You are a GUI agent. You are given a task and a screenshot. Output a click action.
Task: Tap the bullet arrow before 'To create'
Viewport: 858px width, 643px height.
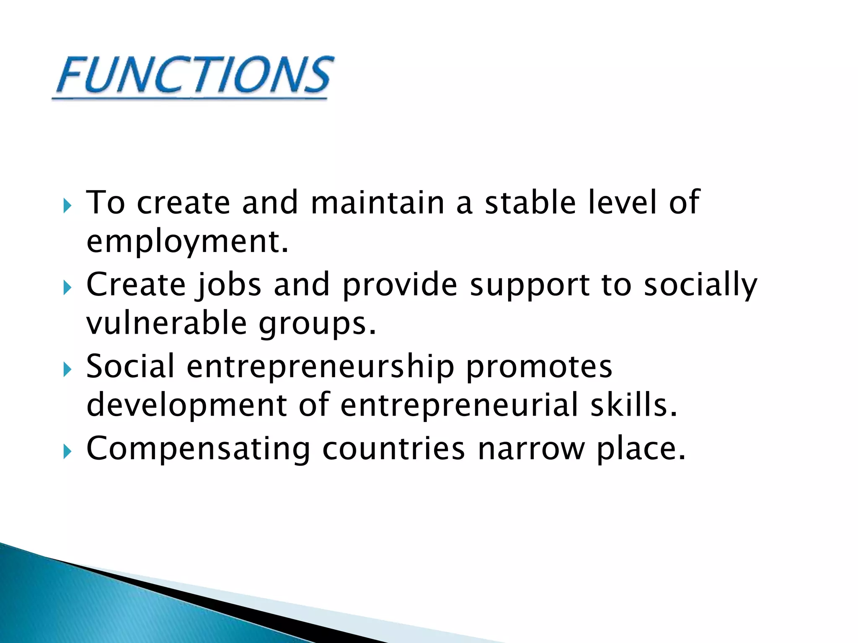[x=67, y=206]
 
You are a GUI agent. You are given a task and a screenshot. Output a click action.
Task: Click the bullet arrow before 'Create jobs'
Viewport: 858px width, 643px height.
[x=67, y=288]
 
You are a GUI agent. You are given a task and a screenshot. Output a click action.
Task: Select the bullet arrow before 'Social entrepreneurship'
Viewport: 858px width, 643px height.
[x=67, y=370]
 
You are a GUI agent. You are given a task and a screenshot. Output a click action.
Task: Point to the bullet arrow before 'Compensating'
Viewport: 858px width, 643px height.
[x=67, y=452]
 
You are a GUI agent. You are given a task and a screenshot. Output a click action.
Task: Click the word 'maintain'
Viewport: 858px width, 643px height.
[x=377, y=203]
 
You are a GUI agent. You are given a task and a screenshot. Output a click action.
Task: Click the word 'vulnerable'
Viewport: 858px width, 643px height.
[x=167, y=323]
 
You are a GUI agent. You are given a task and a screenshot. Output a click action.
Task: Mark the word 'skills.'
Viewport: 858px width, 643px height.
[x=634, y=405]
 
